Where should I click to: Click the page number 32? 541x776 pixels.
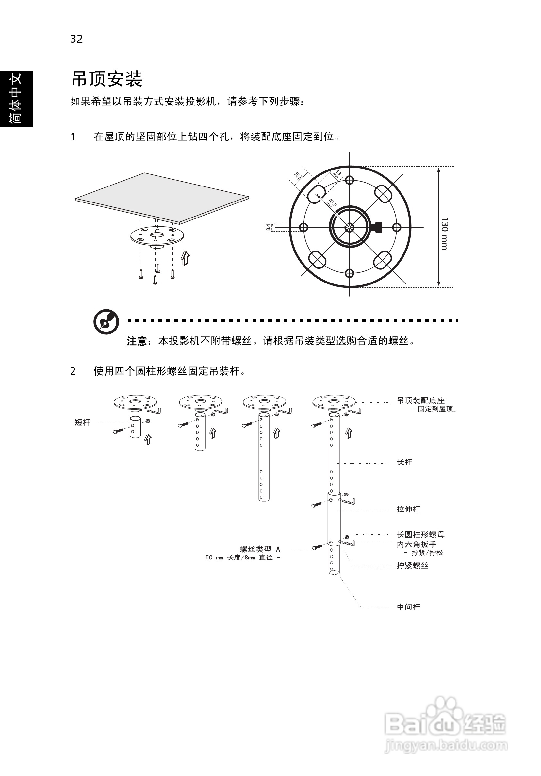76,39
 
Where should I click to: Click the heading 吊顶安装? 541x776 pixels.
107,79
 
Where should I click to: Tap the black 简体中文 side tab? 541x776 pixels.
16,99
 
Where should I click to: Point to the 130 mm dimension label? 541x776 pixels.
444,234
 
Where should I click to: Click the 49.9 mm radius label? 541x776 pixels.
331,203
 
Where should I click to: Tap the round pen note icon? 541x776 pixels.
106,322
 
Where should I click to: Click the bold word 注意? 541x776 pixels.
137,341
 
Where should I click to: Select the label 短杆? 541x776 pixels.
83,423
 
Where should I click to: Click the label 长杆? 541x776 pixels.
404,462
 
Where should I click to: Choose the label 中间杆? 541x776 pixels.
408,607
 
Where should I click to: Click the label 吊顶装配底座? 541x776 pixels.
421,401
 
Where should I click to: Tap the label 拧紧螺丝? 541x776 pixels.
413,566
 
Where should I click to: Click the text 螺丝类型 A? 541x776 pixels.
260,549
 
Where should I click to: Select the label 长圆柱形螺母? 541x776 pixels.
421,535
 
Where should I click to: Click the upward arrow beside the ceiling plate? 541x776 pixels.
185,258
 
